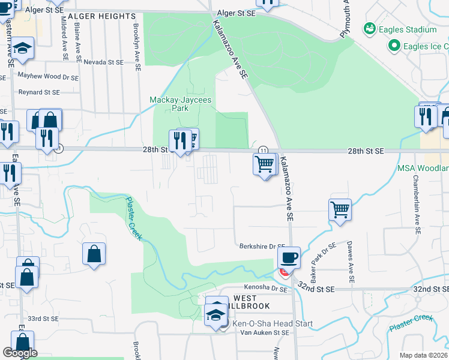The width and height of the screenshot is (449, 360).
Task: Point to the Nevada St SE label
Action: (x=103, y=62)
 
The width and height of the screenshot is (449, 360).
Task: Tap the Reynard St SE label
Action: (x=39, y=92)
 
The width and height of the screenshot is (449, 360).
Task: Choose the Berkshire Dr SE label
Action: (x=262, y=246)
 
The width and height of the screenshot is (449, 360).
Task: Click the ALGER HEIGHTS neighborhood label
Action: (x=102, y=16)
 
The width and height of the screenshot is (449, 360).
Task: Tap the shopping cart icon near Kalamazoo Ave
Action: (x=265, y=163)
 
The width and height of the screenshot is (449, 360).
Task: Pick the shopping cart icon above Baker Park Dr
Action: (x=340, y=210)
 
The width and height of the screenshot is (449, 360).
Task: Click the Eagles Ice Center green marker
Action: (x=394, y=46)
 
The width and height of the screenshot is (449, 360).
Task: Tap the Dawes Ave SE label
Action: (x=349, y=262)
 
